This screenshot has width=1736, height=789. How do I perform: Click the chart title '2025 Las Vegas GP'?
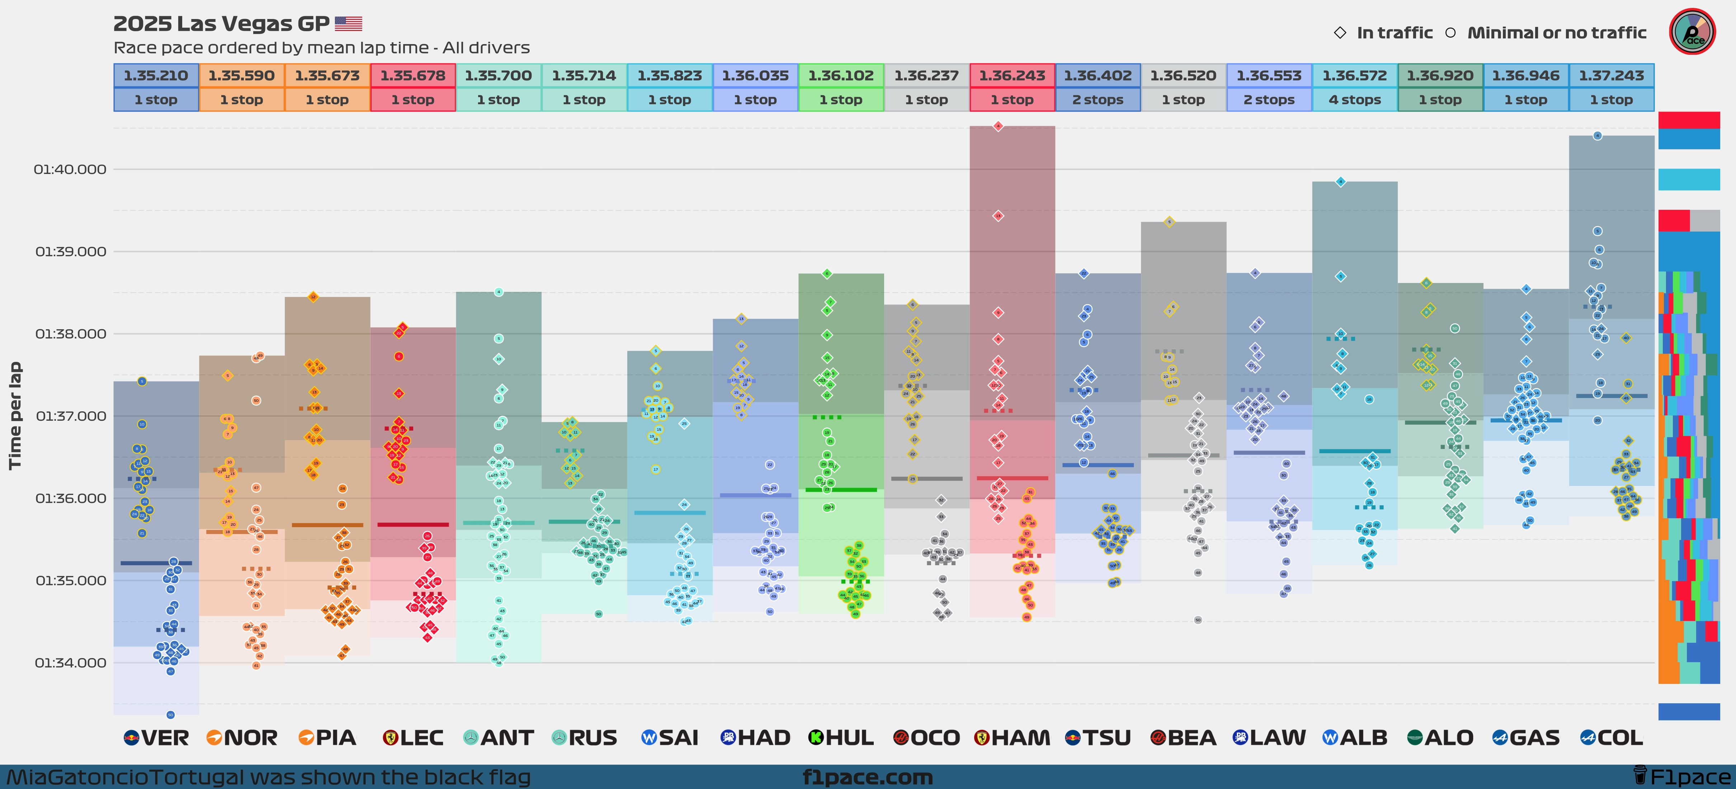pyautogui.click(x=221, y=24)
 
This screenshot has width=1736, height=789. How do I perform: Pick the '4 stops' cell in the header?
pyautogui.click(x=1355, y=100)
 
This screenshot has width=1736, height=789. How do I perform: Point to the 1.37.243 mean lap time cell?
pyautogui.click(x=1611, y=75)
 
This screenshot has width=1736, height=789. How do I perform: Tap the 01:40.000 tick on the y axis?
pyautogui.click(x=70, y=169)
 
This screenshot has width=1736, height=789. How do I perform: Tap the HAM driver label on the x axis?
pyautogui.click(x=1012, y=738)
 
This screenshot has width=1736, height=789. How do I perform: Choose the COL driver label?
pyautogui.click(x=1611, y=738)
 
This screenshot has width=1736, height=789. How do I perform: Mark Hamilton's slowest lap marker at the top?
pyautogui.click(x=998, y=126)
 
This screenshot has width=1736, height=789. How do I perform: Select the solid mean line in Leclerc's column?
pyautogui.click(x=413, y=524)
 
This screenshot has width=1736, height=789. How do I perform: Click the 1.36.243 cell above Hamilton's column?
pyautogui.click(x=1012, y=75)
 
